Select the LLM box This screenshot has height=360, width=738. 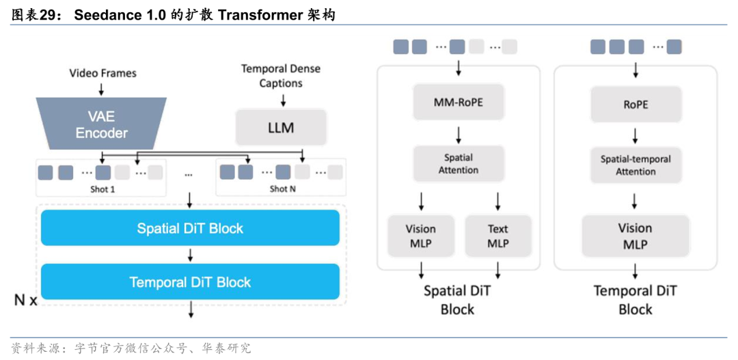tap(281, 127)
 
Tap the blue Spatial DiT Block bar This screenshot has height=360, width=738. tap(190, 227)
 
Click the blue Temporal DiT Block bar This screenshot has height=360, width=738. tap(190, 281)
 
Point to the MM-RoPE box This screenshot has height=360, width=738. tap(459, 102)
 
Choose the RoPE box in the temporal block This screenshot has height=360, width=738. tap(635, 104)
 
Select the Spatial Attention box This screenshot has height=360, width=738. tap(459, 163)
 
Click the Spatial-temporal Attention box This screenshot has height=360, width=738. tap(635, 165)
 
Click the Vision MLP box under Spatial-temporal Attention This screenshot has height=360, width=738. tap(635, 236)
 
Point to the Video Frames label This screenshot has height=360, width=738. tap(103, 73)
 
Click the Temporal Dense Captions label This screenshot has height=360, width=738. tap(281, 76)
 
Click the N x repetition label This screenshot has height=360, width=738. tap(25, 301)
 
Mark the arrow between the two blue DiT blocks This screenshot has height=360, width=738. tap(190, 255)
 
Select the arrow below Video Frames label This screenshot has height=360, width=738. tap(102, 88)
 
